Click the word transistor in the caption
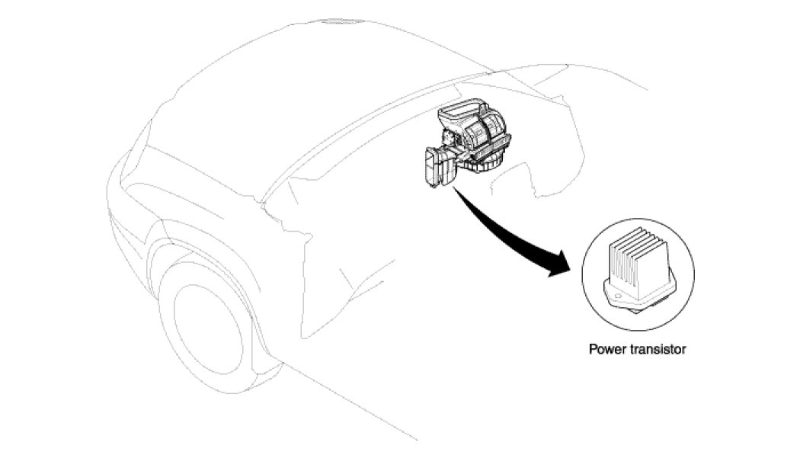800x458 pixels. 656,350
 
